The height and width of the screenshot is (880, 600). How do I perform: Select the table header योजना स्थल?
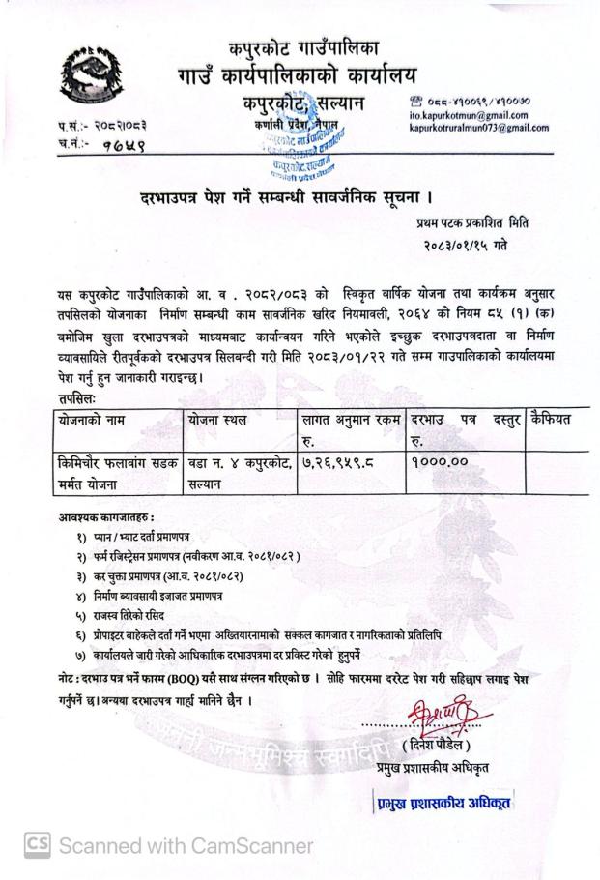pyautogui.click(x=224, y=420)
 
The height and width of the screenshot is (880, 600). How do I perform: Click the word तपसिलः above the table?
pyautogui.click(x=78, y=396)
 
